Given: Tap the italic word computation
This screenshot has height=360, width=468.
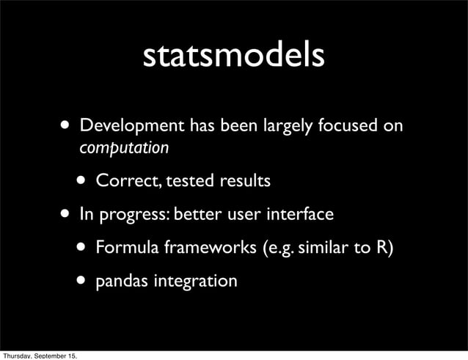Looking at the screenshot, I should click(124, 148).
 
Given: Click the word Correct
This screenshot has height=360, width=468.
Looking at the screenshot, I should click(127, 180).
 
